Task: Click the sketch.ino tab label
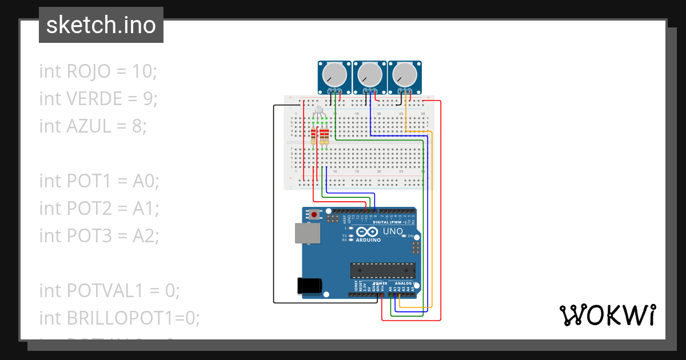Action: [101, 25]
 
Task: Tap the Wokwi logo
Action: [607, 315]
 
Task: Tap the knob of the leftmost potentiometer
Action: [333, 74]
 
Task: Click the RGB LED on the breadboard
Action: [319, 112]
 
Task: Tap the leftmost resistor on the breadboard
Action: [313, 137]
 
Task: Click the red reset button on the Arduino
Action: [313, 215]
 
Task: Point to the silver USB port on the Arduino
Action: [308, 234]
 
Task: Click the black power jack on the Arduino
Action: [309, 286]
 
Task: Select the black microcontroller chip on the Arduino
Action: [382, 270]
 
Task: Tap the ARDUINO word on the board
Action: [368, 240]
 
